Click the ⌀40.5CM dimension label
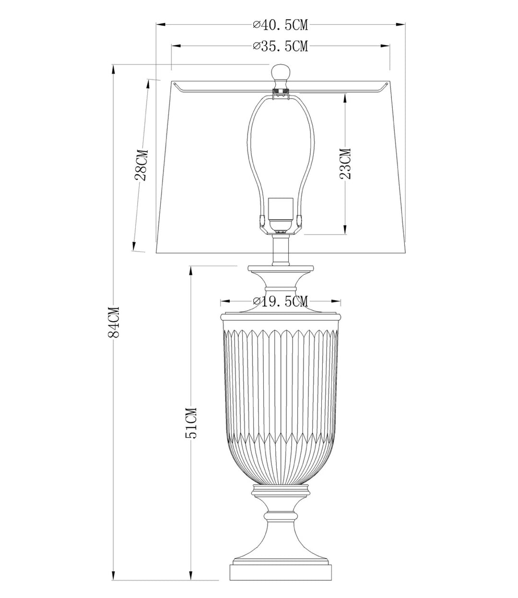click(280, 25)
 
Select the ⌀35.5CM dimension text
click(280, 45)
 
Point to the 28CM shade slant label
click(141, 165)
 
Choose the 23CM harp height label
click(345, 163)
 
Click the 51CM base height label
click(191, 423)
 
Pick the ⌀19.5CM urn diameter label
click(280, 302)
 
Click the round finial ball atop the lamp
click(281, 72)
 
